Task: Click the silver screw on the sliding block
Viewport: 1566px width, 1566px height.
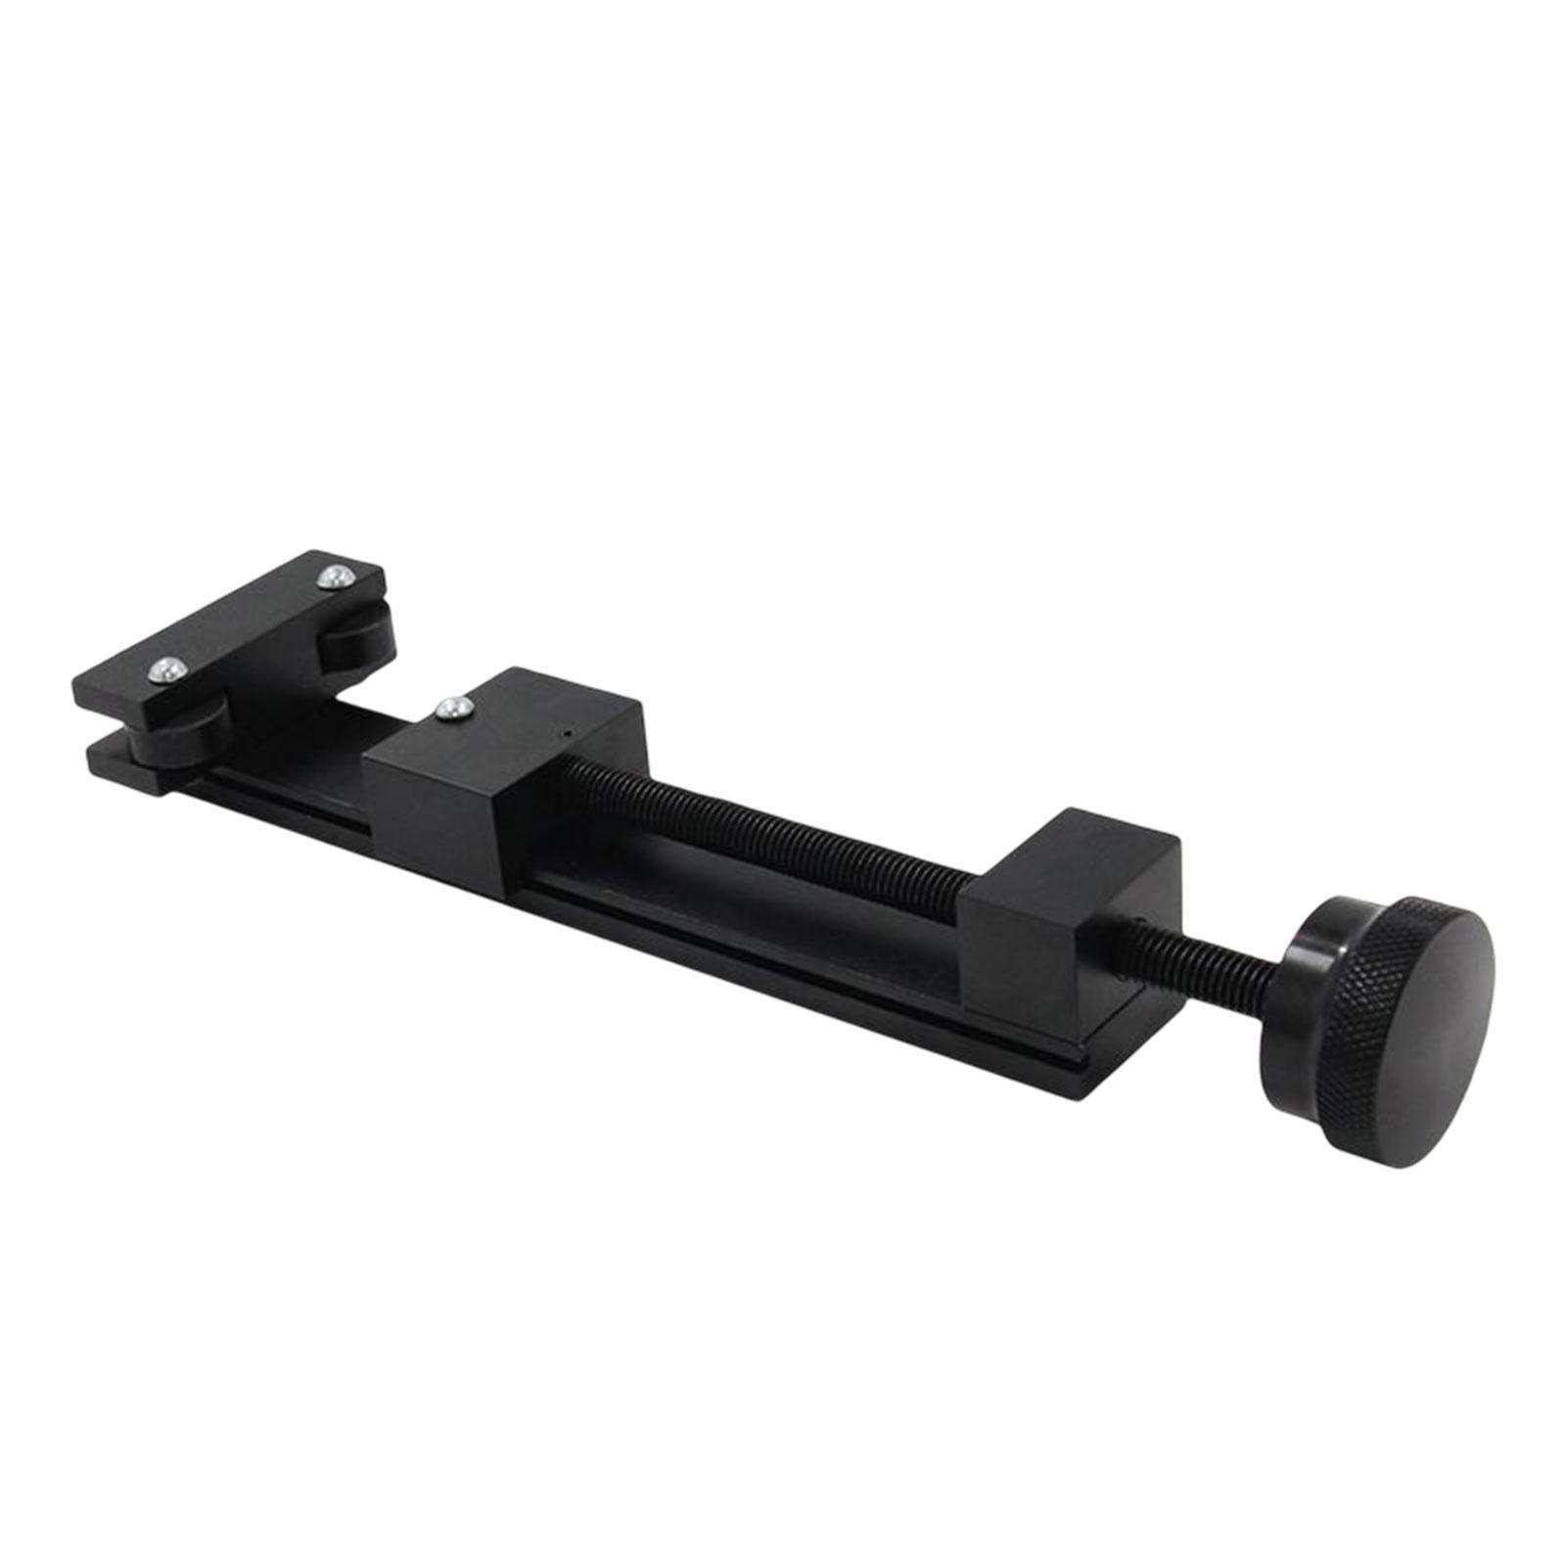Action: tap(451, 707)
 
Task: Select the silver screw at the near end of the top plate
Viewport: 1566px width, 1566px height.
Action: tap(165, 669)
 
